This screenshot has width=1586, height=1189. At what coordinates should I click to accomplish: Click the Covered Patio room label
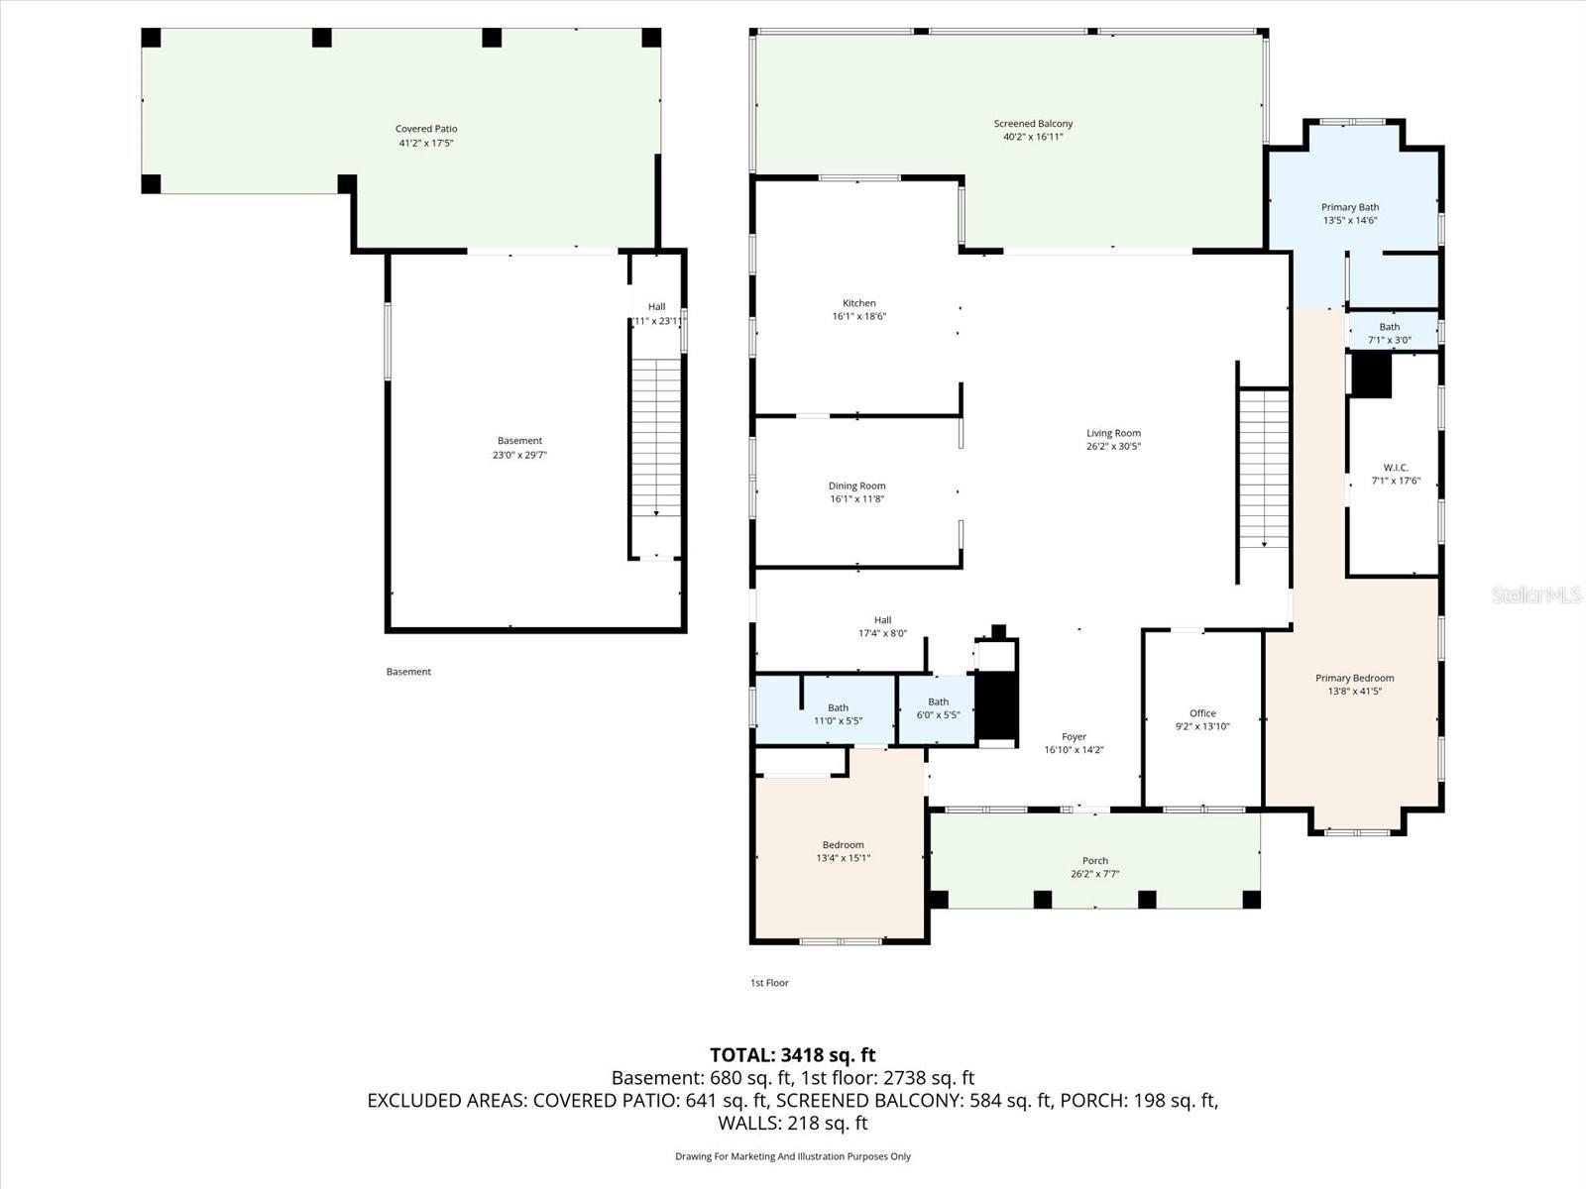click(426, 129)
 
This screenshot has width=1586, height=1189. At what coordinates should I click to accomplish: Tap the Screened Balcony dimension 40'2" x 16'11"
click(1033, 138)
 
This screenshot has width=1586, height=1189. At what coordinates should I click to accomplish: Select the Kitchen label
click(859, 303)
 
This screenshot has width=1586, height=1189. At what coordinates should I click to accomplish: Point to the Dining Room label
click(857, 486)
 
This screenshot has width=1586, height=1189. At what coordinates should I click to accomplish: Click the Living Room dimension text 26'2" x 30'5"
click(1113, 447)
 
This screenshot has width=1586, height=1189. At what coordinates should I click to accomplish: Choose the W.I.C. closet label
click(1396, 468)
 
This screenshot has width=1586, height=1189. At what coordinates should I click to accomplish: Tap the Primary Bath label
click(1350, 207)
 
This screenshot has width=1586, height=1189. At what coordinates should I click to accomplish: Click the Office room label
click(1202, 713)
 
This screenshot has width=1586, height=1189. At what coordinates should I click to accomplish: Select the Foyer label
click(1074, 737)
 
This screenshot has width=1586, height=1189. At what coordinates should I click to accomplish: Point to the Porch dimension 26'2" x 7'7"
click(1095, 875)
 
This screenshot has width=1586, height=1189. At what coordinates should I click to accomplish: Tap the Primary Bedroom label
click(1354, 678)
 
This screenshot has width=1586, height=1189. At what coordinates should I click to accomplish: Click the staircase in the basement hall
click(656, 436)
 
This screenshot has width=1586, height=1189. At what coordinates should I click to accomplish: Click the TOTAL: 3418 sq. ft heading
click(793, 1055)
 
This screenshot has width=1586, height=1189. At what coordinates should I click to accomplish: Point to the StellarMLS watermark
click(1536, 594)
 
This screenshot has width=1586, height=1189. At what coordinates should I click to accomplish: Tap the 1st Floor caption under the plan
click(769, 983)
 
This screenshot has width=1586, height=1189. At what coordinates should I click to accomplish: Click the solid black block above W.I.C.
click(1372, 376)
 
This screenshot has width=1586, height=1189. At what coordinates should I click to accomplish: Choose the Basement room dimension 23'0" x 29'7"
click(519, 456)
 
